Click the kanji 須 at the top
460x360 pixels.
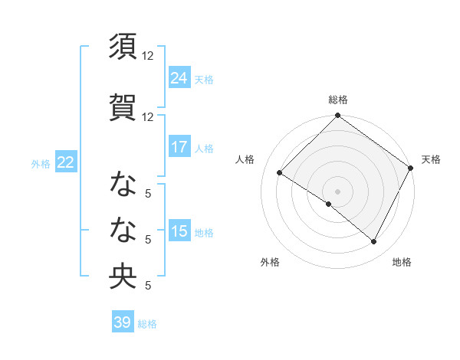pyautogui.click(x=123, y=47)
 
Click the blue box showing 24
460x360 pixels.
pyautogui.click(x=179, y=77)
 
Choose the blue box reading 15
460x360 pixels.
pyautogui.click(x=179, y=231)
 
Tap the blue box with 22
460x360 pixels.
pyautogui.click(x=66, y=162)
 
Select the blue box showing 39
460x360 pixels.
pyautogui.click(x=123, y=322)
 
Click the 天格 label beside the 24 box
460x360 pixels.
pyautogui.click(x=204, y=79)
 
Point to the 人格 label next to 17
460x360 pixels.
pyautogui.click(x=204, y=148)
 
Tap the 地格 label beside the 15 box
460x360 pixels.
pyautogui.click(x=204, y=233)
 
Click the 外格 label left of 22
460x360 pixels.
pyautogui.click(x=41, y=163)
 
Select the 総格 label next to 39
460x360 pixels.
pyautogui.click(x=147, y=324)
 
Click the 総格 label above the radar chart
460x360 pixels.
pyautogui.click(x=338, y=100)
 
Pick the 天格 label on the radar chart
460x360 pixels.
pyautogui.click(x=431, y=159)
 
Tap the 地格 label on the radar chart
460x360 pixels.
pyautogui.click(x=402, y=262)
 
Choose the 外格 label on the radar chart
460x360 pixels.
pyautogui.click(x=270, y=262)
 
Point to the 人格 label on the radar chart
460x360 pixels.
pyautogui.click(x=245, y=159)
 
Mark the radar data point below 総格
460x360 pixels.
pyautogui.click(x=338, y=116)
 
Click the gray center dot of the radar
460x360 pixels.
pyautogui.click(x=337, y=191)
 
